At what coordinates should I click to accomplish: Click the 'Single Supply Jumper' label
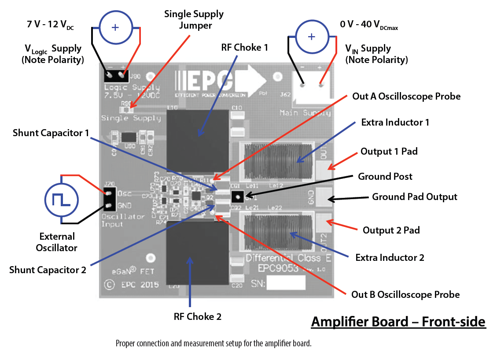coord(194,20)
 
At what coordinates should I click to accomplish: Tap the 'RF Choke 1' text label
coord(245,48)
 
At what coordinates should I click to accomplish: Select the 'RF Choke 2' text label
coord(198,316)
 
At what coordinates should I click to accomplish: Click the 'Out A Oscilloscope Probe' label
coord(406,96)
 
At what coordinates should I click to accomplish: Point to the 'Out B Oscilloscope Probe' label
coord(405,294)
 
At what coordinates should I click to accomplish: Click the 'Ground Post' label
coord(385,177)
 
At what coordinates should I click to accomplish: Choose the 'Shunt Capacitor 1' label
coord(51,133)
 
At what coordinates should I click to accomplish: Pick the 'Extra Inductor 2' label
coord(390,257)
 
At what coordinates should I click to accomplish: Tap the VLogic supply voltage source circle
coord(115,27)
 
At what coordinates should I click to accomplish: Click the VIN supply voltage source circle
coord(311,37)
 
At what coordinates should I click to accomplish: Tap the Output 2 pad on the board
coord(324,223)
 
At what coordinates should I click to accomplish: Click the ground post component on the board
coord(237,196)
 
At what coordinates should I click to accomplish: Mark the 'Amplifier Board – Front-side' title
coord(398,322)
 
